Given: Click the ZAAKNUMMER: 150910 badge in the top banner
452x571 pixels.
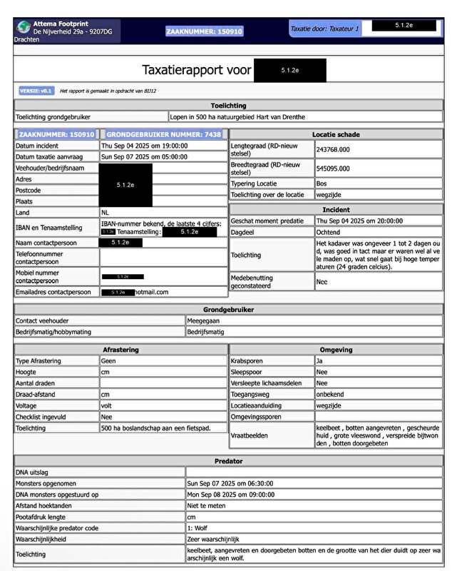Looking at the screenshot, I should [x=205, y=32].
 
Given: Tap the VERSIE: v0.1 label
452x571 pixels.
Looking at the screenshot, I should [x=36, y=91].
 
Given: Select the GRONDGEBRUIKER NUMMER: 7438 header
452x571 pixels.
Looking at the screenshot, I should [x=164, y=134].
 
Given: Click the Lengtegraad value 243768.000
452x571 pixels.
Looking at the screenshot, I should [x=333, y=149].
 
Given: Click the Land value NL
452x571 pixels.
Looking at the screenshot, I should [x=106, y=213].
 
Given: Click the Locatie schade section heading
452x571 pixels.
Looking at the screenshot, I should [x=335, y=134].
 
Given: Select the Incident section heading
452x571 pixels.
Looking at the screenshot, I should [x=335, y=210].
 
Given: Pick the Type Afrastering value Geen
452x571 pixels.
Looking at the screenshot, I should [x=108, y=361].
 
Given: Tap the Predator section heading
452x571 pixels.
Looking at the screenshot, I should [x=228, y=461].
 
